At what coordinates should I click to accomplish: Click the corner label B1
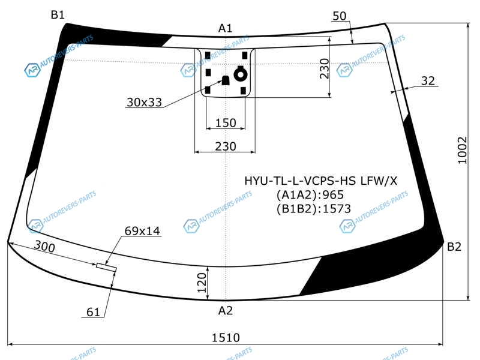58,14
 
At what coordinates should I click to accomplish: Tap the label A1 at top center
226,28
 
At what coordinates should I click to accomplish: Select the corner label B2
454,247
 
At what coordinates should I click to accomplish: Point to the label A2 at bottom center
226,311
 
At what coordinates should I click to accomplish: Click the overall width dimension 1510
226,338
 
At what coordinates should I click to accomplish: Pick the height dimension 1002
462,151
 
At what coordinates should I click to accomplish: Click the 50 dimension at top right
339,16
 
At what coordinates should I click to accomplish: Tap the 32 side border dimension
428,81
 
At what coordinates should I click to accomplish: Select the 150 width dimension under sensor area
226,123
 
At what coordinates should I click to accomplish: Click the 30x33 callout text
144,102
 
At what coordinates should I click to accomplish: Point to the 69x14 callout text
142,231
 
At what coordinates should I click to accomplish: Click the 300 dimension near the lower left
44,246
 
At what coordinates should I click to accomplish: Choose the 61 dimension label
93,312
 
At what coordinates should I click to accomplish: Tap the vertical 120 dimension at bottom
202,283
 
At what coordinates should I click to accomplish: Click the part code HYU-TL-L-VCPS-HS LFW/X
321,181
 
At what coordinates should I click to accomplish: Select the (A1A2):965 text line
310,194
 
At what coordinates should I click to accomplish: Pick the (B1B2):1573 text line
313,209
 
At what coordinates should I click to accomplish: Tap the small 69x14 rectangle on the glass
107,267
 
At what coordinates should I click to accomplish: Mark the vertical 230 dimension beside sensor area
324,68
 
